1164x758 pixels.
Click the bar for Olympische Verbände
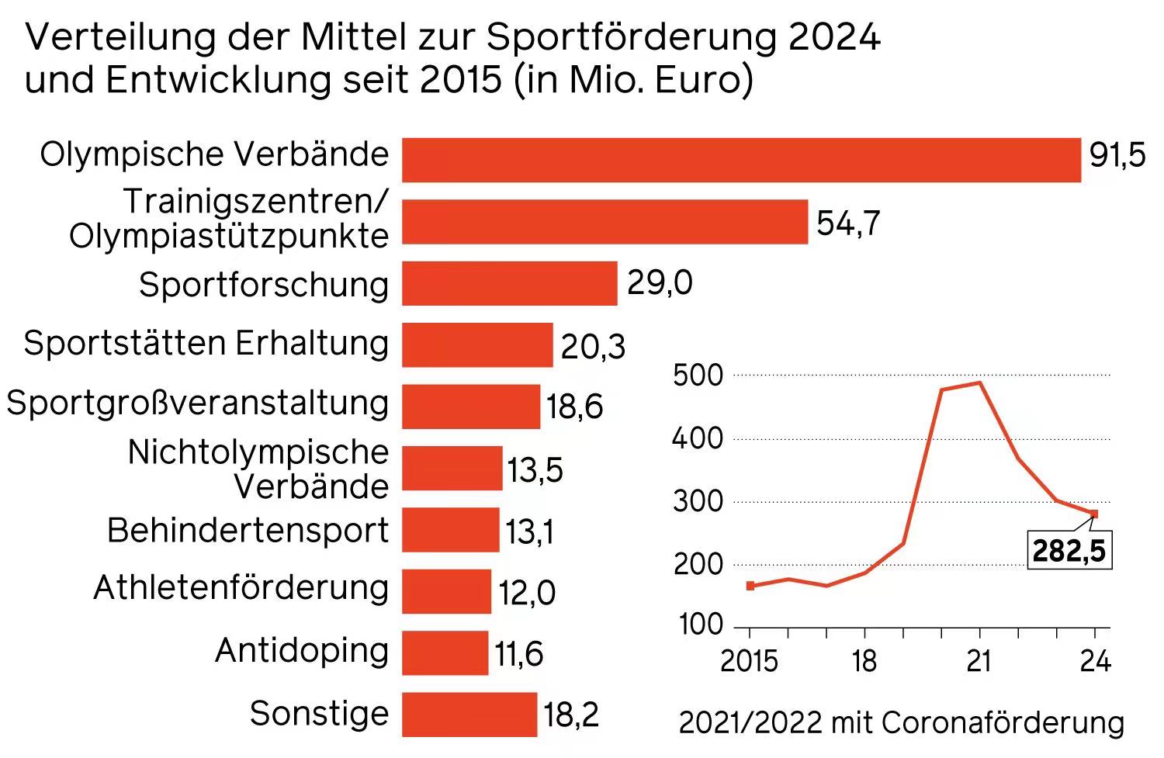(741, 160)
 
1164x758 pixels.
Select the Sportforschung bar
(509, 283)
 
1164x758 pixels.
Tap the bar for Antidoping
(445, 652)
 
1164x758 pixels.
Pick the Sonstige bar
(469, 714)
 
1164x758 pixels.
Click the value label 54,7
(848, 223)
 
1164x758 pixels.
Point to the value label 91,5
(1117, 156)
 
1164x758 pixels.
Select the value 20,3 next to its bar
(593, 347)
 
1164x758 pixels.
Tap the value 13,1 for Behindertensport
(529, 532)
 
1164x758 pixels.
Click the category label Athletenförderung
(241, 587)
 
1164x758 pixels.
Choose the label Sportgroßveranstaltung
(197, 403)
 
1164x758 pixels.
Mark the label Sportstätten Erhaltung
(206, 343)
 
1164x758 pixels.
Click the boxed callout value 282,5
(1069, 551)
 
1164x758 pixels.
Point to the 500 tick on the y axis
(698, 376)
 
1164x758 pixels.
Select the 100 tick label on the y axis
(701, 625)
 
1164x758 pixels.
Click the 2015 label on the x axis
(749, 661)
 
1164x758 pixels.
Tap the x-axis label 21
(979, 661)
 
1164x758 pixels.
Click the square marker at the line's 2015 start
(750, 586)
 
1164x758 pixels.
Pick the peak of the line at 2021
(979, 382)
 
